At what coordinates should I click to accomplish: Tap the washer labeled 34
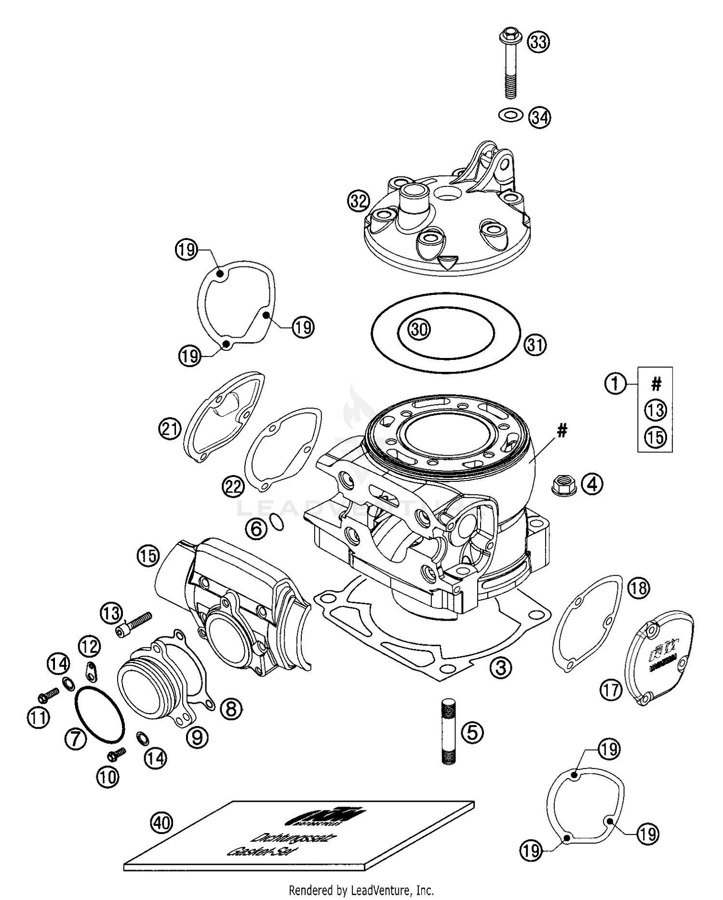coord(510,115)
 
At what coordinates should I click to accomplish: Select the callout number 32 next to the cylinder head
coord(359,201)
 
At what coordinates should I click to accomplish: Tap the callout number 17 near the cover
coord(611,690)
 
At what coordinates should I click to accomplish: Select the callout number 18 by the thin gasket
coord(639,588)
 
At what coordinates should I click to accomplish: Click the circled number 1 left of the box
coord(615,384)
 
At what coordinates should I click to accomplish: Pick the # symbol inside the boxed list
coord(656,384)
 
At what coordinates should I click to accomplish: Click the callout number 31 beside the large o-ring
coord(536,344)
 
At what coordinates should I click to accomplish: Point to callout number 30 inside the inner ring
coord(419,330)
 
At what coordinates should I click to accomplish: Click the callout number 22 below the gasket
coord(233,487)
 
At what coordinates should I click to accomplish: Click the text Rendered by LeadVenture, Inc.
coord(361,890)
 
